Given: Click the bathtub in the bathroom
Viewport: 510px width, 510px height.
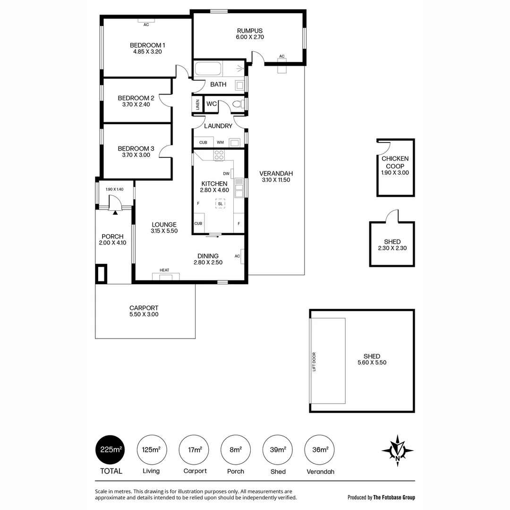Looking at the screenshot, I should (x=208, y=69).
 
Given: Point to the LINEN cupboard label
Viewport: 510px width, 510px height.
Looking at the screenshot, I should (x=197, y=105).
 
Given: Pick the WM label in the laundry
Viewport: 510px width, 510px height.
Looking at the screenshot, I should (x=220, y=143).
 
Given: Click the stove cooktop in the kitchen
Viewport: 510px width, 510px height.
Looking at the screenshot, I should (x=219, y=155).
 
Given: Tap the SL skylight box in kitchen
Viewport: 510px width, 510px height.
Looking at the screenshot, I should (x=220, y=204).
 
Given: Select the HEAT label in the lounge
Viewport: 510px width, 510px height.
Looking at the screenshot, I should (x=164, y=270).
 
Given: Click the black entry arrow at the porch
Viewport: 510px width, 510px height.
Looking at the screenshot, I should (x=115, y=212).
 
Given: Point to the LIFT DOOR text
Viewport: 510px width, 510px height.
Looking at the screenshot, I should (x=314, y=362).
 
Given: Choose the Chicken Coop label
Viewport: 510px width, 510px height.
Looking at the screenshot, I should (x=395, y=162).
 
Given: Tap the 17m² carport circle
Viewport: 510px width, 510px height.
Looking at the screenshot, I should (x=195, y=450).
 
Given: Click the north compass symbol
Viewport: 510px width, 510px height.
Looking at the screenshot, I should (x=398, y=448).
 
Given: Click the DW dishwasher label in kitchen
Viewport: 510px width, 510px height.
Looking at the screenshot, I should (x=226, y=174).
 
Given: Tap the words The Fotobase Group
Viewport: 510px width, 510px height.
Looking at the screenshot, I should (x=394, y=497).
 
